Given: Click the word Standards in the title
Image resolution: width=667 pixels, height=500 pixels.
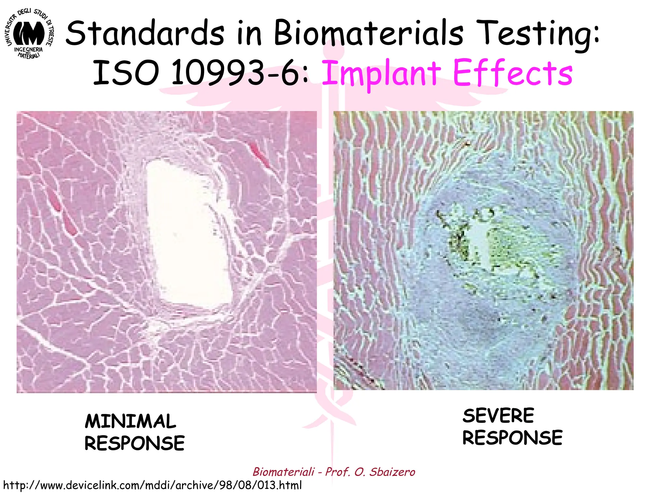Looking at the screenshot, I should point(145,34).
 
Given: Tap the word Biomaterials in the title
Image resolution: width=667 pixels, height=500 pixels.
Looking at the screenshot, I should point(368,34).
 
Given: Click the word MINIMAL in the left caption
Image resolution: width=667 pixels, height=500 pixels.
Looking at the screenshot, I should point(130,421).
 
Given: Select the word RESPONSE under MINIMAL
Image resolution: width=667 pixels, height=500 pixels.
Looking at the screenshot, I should point(135,443).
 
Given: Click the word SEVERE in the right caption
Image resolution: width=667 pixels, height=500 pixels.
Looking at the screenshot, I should point(498,416).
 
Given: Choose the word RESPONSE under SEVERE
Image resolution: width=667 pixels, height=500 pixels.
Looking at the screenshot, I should point(512,437).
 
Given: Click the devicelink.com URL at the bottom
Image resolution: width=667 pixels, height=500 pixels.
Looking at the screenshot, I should point(152,485).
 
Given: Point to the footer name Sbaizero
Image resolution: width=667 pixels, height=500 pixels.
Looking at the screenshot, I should point(392,472).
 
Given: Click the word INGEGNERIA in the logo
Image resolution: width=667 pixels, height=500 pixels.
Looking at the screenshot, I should point(28,50).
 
